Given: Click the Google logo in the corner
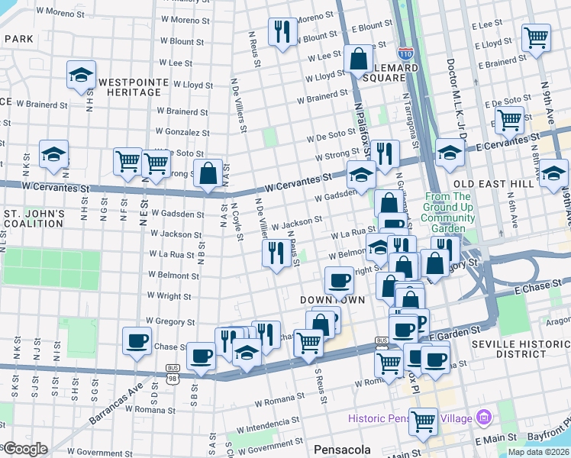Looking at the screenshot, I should coord(24,449).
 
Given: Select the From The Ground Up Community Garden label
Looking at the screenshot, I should coord(449,207).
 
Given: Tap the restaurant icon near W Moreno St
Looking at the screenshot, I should coord(282,31).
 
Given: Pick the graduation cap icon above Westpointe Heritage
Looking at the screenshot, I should coord(81,75).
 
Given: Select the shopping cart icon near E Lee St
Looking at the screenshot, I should coord(536,36).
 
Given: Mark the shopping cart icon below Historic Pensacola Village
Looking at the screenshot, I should coord(423,421).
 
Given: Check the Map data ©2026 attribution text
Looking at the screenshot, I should coord(539,451).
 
